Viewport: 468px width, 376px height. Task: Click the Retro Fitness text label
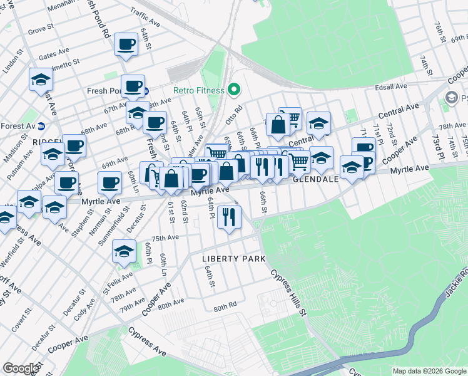[199, 90]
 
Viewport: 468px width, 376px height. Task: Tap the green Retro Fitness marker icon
[234, 90]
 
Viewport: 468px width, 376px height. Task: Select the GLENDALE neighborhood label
[316, 179]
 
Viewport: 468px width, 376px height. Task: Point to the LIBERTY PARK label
[233, 259]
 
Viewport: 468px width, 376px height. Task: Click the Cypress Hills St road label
[288, 292]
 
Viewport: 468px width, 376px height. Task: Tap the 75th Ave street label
[165, 238]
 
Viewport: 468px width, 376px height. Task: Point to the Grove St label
[41, 29]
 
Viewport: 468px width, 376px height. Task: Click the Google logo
[21, 368]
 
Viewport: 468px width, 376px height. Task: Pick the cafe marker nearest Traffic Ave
[126, 44]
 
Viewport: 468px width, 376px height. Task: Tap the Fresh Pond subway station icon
[146, 91]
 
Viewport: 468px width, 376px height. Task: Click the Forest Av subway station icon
[41, 125]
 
